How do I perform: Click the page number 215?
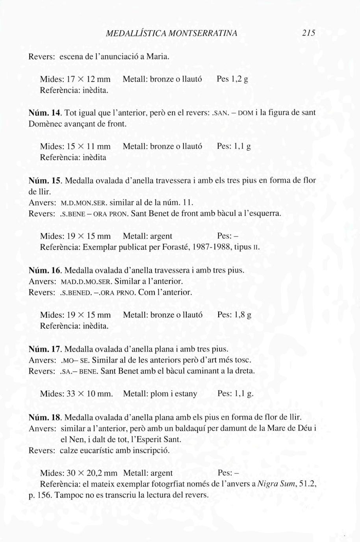tap(309, 33)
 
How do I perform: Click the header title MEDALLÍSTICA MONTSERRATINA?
tap(172, 33)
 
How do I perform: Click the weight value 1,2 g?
tap(240, 79)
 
